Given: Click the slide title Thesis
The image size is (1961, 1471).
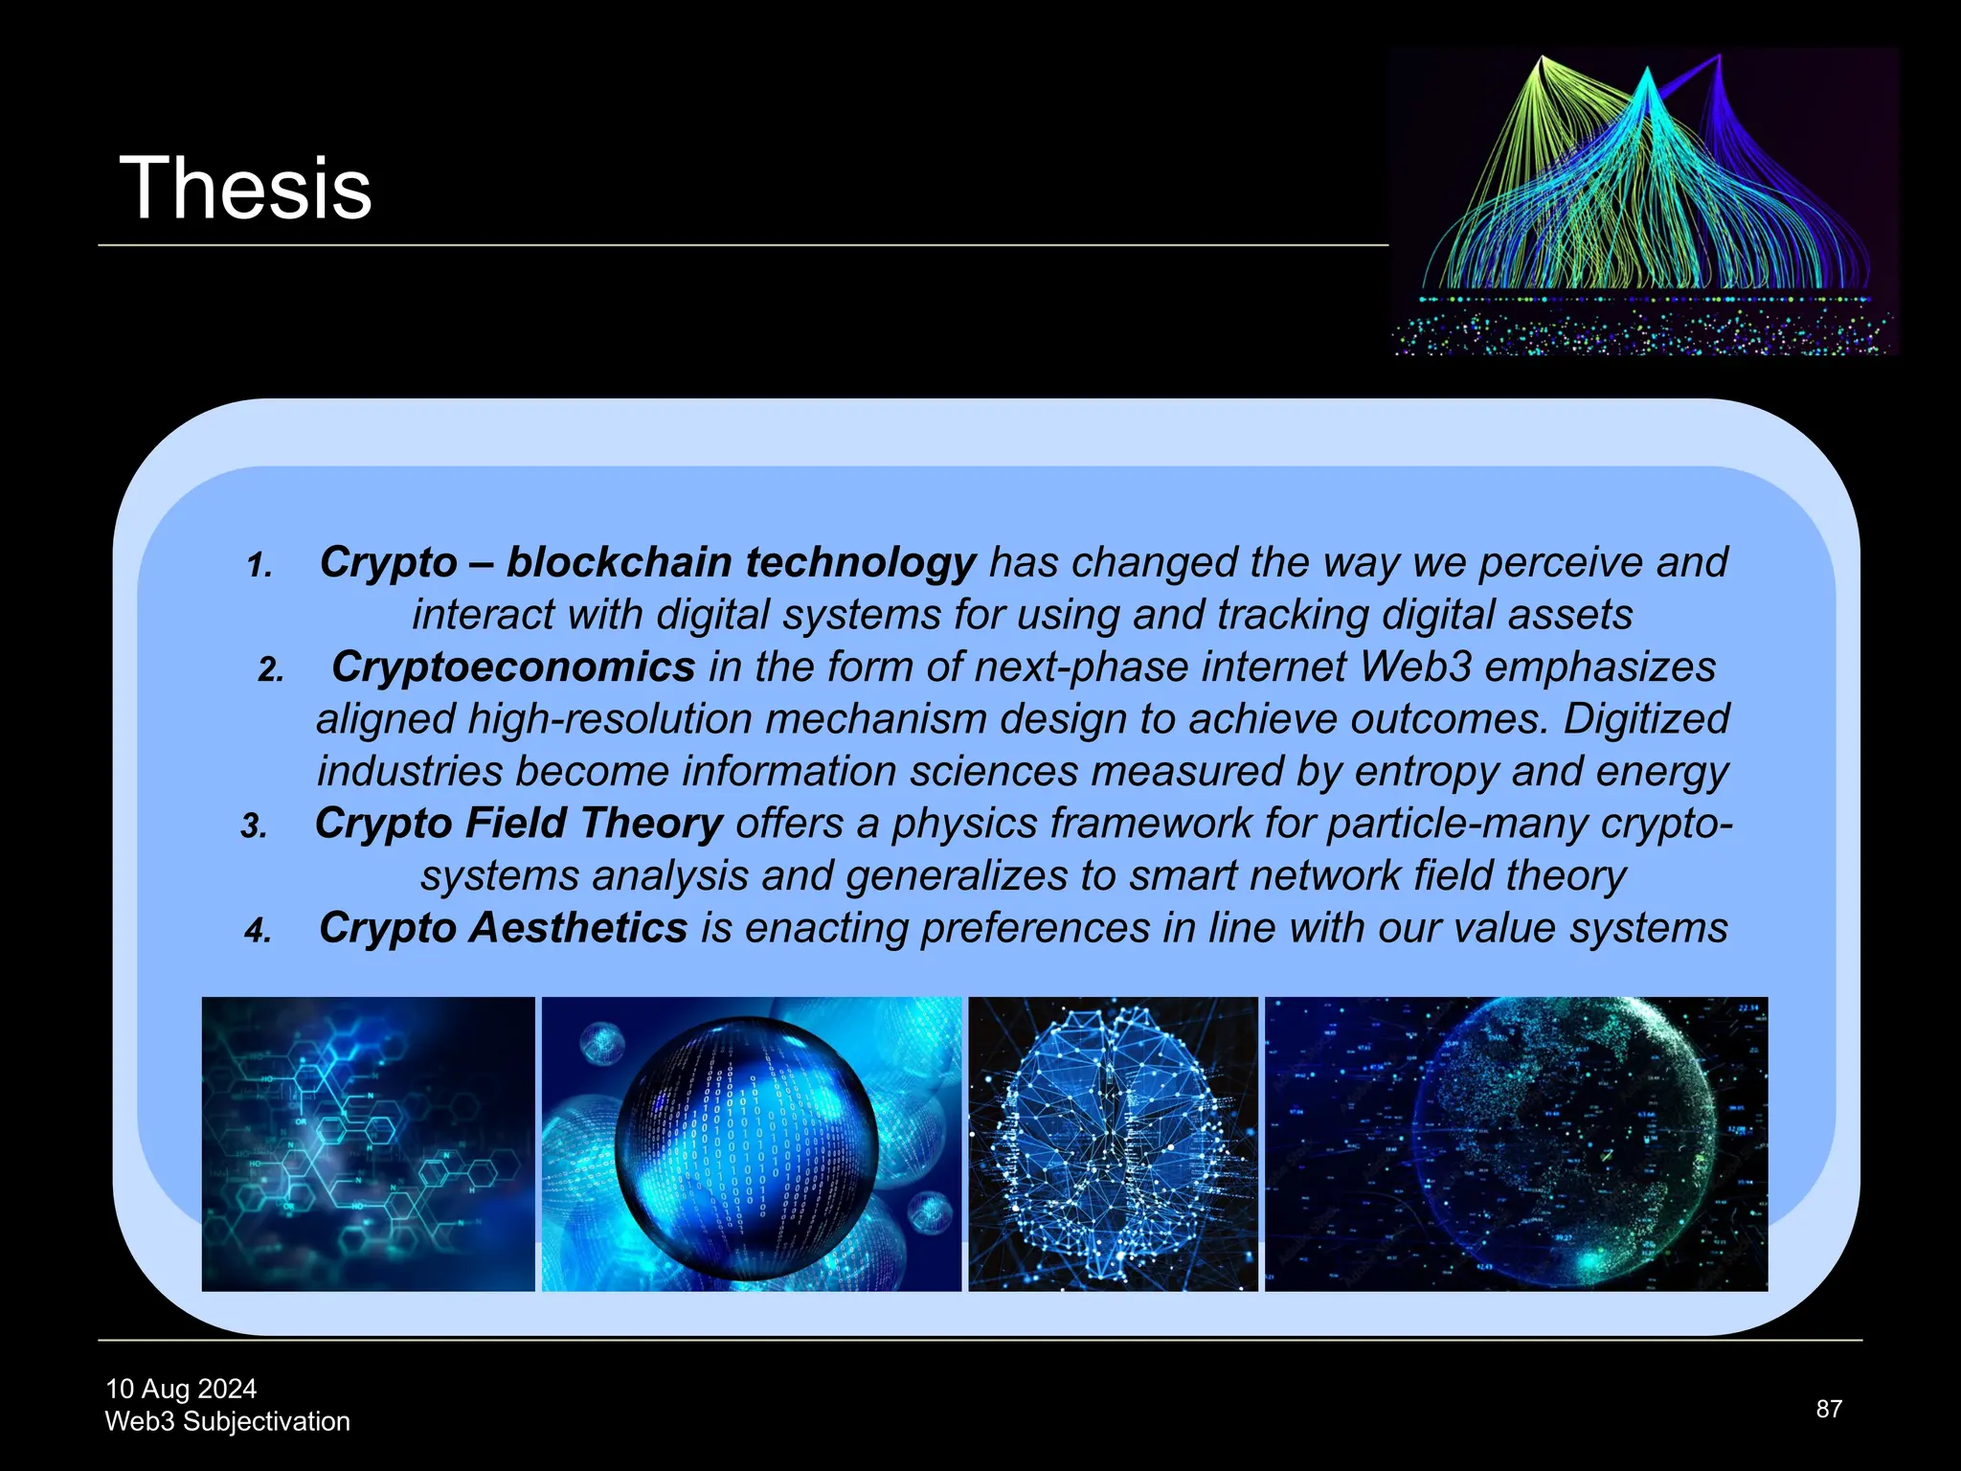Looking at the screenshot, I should click(x=245, y=190).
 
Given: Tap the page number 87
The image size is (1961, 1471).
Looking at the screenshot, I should click(x=1829, y=1409).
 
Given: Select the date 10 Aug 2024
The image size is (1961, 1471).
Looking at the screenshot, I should click(x=181, y=1389).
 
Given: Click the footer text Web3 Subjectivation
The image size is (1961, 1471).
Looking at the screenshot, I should click(x=227, y=1421).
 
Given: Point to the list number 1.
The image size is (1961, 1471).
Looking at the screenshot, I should click(x=259, y=566).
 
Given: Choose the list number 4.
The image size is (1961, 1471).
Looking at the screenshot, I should click(x=258, y=931).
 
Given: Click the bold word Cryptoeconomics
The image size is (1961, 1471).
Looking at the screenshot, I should click(x=513, y=668).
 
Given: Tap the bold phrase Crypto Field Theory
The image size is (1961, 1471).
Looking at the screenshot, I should click(x=518, y=824).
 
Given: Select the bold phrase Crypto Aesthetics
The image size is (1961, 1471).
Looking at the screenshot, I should click(x=503, y=928).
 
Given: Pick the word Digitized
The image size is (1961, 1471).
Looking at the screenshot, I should click(x=1646, y=719).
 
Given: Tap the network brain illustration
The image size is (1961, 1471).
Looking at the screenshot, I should click(x=1113, y=1144).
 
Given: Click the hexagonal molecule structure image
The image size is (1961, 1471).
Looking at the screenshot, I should click(x=368, y=1144).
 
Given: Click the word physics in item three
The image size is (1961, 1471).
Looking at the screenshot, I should click(x=965, y=824).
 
